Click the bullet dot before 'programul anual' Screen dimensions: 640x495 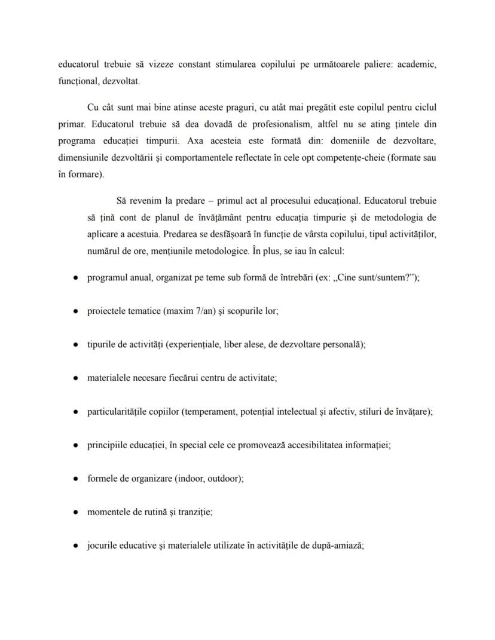(76, 278)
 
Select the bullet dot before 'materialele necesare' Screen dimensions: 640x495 (76, 378)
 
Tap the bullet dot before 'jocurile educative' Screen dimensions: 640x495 (76, 546)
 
